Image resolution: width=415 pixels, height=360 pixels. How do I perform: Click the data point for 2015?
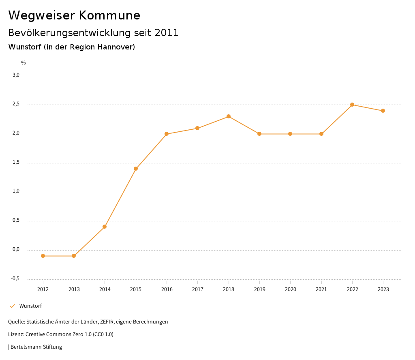[x=136, y=169]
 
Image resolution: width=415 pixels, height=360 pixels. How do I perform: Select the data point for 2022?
[x=352, y=105]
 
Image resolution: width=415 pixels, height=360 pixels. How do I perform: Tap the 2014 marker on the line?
[x=105, y=227]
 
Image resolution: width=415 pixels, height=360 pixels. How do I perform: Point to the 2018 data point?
[x=229, y=116]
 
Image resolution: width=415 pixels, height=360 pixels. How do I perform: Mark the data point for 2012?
[x=43, y=256]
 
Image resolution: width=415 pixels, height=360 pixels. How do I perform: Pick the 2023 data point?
[x=383, y=111]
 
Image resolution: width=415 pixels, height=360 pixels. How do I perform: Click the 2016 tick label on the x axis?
[x=167, y=289]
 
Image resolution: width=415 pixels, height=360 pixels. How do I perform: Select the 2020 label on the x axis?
[x=290, y=289]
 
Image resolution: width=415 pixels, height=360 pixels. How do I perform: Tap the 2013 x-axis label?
[x=74, y=289]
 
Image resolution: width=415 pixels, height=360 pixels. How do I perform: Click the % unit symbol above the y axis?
[x=24, y=63]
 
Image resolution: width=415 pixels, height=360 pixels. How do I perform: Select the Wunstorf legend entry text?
[x=30, y=306]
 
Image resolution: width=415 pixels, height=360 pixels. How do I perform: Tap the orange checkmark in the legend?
[x=12, y=306]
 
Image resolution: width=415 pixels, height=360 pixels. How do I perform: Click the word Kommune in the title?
[x=109, y=15]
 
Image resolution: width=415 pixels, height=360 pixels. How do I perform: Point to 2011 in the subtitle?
[x=167, y=33]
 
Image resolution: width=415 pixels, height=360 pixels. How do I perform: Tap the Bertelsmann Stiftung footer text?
[x=36, y=347]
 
